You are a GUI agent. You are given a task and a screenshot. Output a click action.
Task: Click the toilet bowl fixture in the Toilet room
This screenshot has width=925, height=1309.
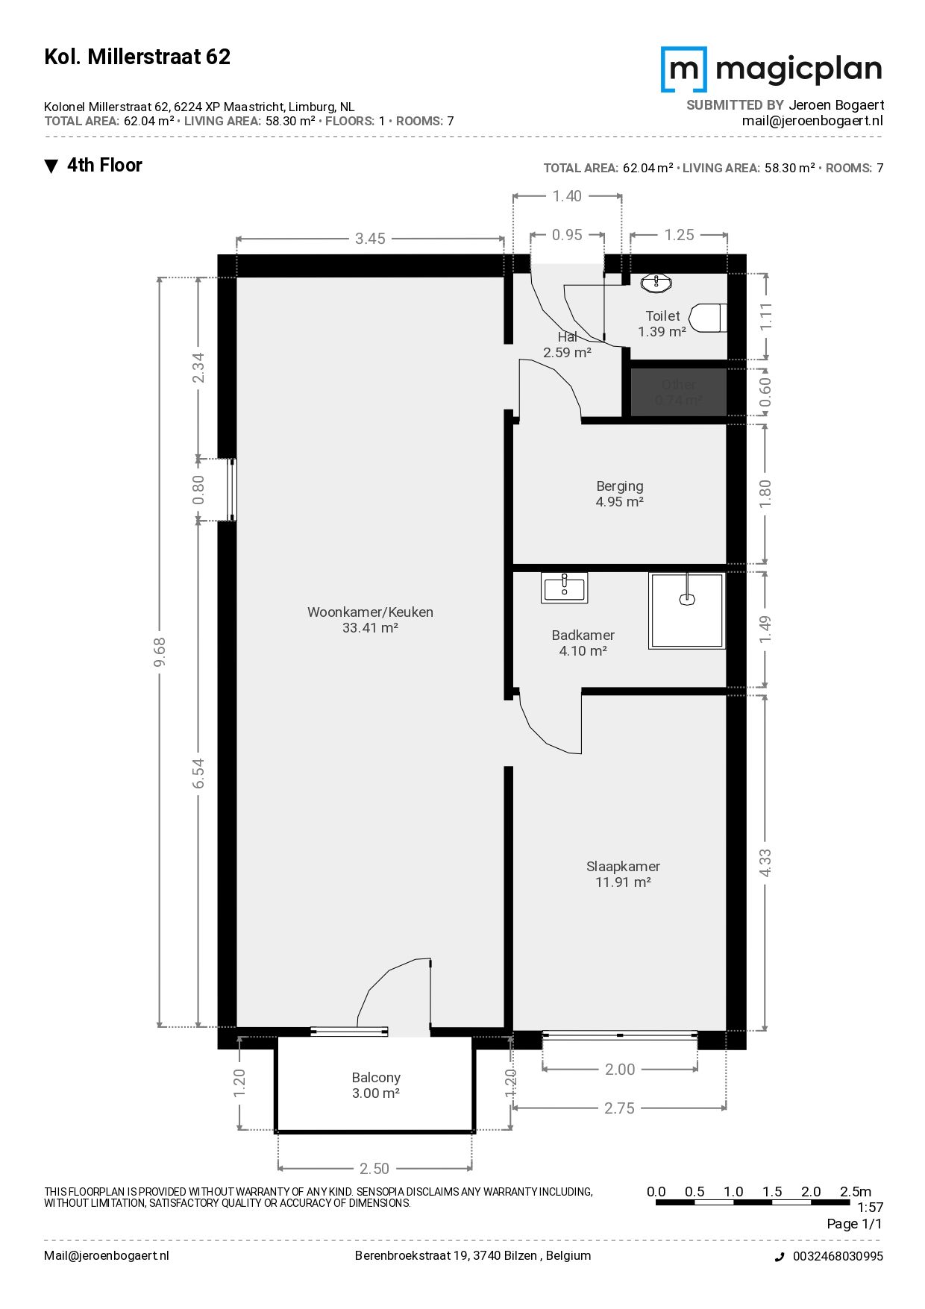[708, 318]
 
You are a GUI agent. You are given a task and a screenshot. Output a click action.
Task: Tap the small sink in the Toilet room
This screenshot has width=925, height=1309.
[656, 283]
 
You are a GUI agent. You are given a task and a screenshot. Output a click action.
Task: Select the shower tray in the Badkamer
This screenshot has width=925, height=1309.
[687, 610]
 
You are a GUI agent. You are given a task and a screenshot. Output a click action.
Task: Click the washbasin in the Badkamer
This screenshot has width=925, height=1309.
[565, 588]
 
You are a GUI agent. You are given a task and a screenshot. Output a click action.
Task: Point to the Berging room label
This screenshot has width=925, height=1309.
[619, 494]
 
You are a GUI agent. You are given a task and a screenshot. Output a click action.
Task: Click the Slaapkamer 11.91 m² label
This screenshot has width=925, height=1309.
[623, 874]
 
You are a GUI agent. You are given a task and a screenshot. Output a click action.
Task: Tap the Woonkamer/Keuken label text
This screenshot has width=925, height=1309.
[370, 612]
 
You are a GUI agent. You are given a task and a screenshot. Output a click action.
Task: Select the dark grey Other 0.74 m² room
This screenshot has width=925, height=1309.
[679, 392]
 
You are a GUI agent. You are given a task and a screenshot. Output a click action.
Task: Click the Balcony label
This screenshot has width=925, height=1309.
[376, 1085]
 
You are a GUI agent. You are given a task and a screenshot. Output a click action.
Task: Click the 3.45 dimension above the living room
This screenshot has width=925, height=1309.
[370, 239]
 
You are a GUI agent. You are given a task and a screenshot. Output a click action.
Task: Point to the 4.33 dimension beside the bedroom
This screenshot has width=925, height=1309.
[765, 863]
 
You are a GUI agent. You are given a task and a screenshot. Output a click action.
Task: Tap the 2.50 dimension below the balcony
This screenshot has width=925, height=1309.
[374, 1169]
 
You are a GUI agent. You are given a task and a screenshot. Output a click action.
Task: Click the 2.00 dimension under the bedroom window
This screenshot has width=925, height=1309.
[620, 1070]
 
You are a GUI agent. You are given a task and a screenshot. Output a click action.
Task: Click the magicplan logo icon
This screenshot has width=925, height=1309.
[683, 69]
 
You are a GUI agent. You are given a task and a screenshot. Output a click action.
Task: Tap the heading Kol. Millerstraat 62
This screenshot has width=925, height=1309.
[137, 57]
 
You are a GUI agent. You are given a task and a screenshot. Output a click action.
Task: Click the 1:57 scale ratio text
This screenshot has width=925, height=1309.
[870, 1207]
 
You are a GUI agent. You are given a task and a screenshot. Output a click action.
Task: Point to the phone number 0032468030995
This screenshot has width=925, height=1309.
[838, 1256]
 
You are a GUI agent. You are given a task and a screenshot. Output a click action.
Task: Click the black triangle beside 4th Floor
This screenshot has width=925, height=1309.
[51, 166]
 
